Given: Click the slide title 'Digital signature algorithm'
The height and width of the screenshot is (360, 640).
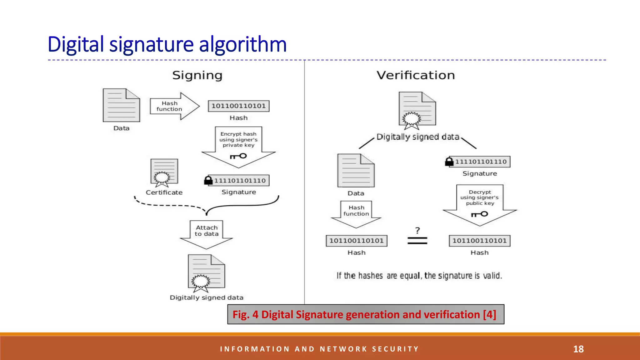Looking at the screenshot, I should tap(167, 44).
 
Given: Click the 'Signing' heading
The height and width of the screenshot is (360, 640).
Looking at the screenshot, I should tap(197, 75).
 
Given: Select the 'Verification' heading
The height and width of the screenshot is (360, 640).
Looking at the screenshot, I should tap(415, 75).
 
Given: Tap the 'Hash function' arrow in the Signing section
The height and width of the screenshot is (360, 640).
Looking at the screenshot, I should tap(173, 106).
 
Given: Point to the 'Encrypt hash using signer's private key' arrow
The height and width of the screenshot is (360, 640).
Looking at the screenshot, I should tap(238, 145).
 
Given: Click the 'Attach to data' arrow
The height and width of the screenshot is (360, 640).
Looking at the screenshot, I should tap(207, 234).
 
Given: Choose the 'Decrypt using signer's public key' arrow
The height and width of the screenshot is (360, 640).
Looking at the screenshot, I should tap(480, 203).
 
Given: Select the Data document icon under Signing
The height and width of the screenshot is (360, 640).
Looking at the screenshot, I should tap(121, 105).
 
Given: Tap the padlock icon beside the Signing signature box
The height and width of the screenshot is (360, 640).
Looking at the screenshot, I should tap(208, 180).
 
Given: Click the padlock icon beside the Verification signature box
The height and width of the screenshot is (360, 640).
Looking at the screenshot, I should tap(449, 162).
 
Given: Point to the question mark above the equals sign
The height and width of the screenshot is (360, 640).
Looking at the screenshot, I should tap(417, 231).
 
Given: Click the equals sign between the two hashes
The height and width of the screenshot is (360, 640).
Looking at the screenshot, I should tap(417, 241).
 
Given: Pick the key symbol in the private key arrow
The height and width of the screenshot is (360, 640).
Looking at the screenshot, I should tap(238, 156).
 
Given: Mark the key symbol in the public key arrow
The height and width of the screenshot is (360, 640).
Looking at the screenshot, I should tap(480, 214).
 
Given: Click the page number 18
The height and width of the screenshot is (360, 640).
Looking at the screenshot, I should tap(578, 349).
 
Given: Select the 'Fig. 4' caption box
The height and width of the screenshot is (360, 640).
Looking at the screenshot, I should tap(366, 314).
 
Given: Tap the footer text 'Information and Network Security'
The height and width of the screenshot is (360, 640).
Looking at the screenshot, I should tap(319, 349).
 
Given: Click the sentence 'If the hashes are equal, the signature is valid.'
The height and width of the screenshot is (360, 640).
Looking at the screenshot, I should tap(419, 276).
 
